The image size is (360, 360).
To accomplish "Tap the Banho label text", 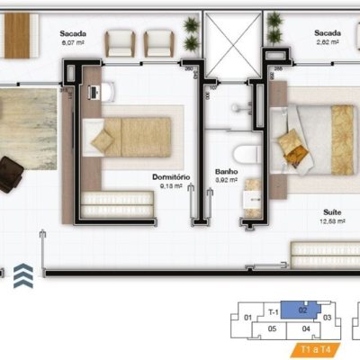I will pos(225,170).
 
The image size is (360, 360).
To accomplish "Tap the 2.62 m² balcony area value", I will pos(327,41).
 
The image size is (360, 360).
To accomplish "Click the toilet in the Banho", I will pos(247,152).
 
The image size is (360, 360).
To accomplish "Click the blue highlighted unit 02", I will pos(303,310).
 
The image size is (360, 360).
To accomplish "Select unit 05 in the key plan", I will pos(272,329).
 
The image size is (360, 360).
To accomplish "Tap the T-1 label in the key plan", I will pos(273,311).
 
